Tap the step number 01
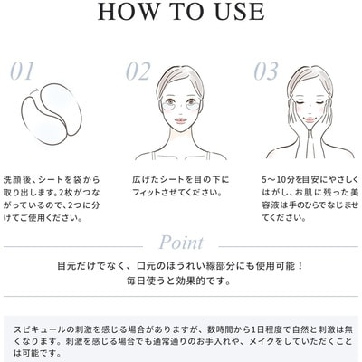point(22,71)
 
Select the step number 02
point(138,71)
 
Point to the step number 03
point(266,71)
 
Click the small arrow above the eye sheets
point(35,90)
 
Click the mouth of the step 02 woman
point(181,120)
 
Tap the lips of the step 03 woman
point(309,119)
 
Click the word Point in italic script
point(181,243)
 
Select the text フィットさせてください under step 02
point(177,193)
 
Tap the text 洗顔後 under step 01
point(15,180)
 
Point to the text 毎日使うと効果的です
point(179,281)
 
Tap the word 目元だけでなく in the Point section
point(90,266)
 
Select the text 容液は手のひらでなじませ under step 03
point(310,205)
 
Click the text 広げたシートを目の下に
point(180,180)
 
